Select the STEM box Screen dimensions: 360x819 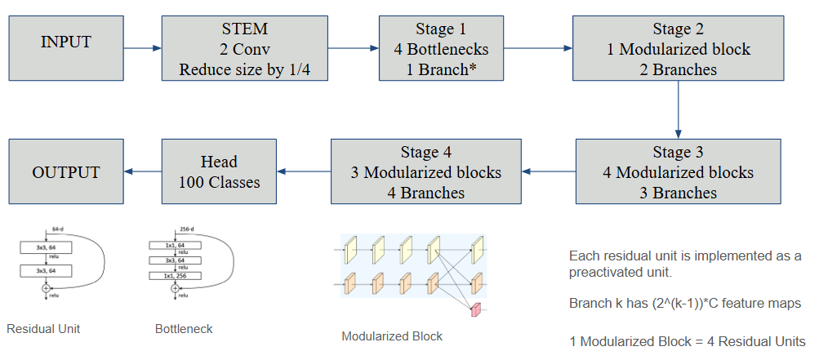[245, 49]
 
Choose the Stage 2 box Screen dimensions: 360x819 [679, 49]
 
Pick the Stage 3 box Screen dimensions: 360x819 [679, 171]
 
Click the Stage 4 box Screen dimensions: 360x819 [426, 171]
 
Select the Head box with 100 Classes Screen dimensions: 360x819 [219, 171]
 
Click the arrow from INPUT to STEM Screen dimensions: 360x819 [142, 49]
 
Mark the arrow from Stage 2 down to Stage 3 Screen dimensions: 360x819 [679, 109]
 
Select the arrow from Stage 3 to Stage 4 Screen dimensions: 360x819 [549, 171]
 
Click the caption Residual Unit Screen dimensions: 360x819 [42, 329]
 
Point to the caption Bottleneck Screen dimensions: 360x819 [184, 329]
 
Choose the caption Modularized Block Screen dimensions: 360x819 [392, 336]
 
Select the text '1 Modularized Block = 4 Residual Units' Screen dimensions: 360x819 [687, 341]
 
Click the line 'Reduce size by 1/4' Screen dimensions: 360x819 [245, 70]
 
